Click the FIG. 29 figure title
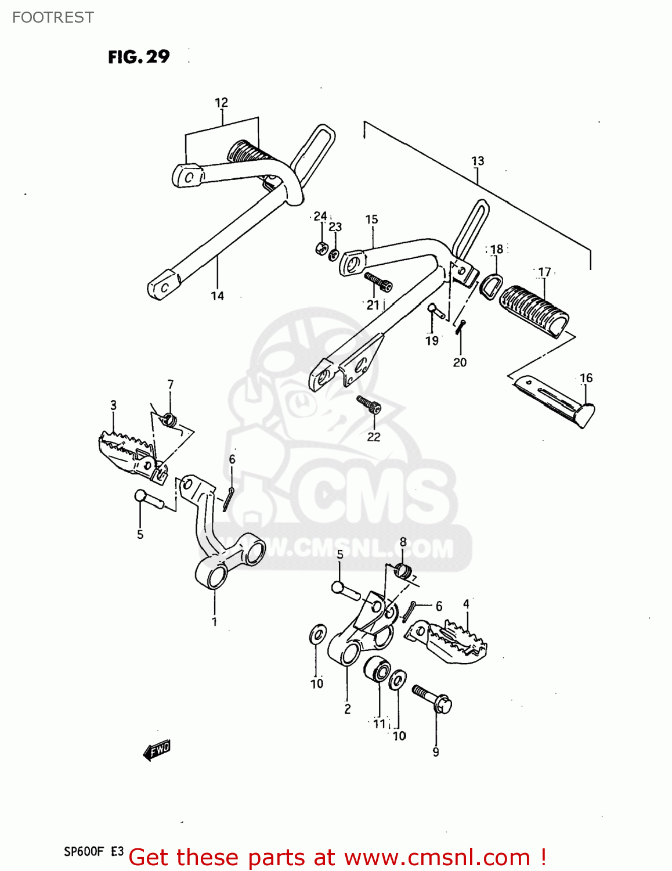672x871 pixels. [139, 57]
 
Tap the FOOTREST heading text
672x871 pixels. [53, 17]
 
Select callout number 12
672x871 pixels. [221, 103]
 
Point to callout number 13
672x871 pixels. [477, 161]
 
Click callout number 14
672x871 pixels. [217, 296]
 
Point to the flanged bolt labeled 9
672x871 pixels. [432, 699]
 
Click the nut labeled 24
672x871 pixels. [321, 249]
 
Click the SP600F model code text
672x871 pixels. [84, 852]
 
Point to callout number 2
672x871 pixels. [347, 709]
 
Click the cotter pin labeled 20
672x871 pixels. [460, 327]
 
